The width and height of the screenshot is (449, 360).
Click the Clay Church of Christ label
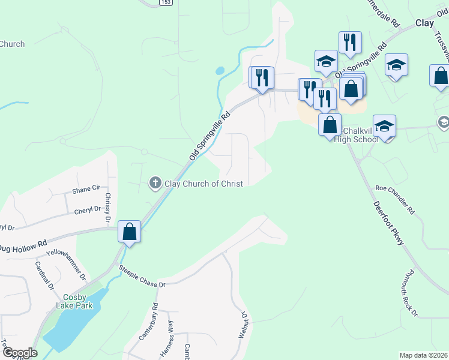203,183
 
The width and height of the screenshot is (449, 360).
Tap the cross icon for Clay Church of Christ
155,182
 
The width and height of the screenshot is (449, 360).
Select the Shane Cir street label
86,189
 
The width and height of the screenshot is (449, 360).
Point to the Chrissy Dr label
108,205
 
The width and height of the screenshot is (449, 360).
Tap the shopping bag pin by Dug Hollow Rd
130,232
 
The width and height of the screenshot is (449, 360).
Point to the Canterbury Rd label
148,322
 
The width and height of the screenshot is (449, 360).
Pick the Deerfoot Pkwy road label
389,221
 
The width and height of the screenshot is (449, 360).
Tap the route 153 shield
165,3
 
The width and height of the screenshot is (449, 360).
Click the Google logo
19,353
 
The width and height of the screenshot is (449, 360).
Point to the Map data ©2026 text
423,355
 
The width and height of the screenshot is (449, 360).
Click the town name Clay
424,23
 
